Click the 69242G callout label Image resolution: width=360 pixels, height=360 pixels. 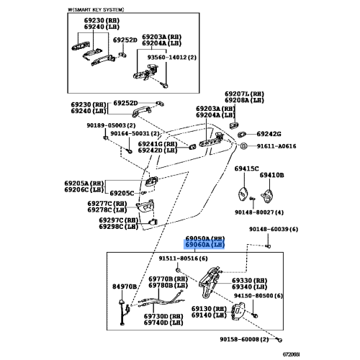pyautogui.click(x=269, y=134)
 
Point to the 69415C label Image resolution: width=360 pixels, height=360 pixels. pyautogui.click(x=245, y=168)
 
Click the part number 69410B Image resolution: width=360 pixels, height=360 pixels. pyautogui.click(x=271, y=175)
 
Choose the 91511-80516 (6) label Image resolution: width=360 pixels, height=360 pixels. pyautogui.click(x=183, y=258)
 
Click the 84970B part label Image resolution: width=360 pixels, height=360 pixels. pyautogui.click(x=124, y=287)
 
